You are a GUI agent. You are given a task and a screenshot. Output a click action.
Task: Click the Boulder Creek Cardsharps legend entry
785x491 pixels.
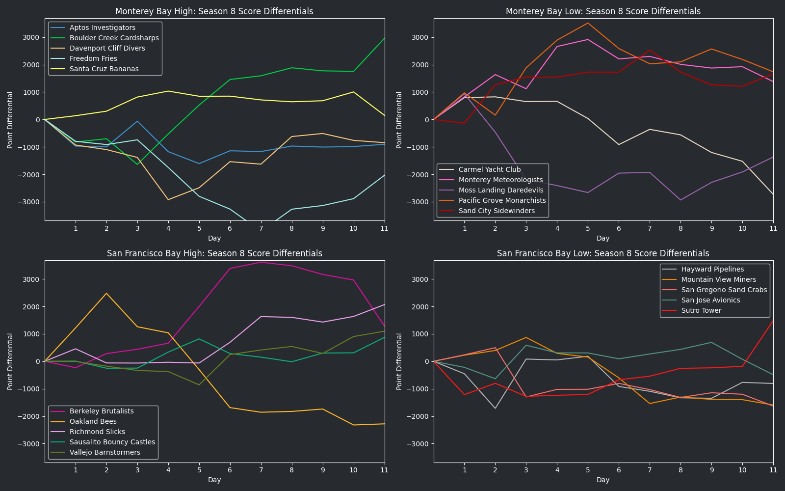[114, 38]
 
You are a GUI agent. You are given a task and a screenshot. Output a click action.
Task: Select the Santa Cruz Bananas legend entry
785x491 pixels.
[104, 69]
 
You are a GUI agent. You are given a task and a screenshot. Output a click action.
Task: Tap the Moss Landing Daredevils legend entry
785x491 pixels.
[501, 190]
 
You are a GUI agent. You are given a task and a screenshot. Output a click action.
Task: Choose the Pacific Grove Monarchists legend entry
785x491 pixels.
[502, 200]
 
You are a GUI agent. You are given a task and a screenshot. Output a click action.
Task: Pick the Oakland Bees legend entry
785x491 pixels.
[93, 421]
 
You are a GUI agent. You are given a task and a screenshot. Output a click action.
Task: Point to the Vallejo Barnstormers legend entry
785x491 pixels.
[105, 452]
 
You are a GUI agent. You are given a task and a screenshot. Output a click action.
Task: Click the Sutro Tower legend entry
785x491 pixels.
[701, 310]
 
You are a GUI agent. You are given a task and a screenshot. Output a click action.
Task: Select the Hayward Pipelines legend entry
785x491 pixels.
[712, 269]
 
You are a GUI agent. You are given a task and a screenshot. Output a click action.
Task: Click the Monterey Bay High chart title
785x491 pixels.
[214, 11]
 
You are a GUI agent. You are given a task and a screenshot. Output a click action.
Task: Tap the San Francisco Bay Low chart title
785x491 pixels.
[603, 253]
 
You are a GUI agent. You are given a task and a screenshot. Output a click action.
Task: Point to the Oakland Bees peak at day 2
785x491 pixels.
[106, 293]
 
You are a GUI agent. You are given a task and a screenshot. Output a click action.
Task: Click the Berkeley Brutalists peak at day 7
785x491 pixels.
[261, 262]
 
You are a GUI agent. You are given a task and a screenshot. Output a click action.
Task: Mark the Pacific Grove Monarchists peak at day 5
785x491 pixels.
[588, 23]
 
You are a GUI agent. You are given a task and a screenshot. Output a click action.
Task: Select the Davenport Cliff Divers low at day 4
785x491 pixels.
[168, 199]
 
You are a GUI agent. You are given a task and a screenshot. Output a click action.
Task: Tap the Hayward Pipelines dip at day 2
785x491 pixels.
[495, 408]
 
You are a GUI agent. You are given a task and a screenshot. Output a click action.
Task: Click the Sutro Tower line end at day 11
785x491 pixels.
[773, 321]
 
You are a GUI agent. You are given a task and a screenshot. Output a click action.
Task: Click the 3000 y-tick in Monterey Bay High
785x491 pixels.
[31, 37]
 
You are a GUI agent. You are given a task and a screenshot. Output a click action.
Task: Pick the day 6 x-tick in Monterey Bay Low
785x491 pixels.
[619, 228]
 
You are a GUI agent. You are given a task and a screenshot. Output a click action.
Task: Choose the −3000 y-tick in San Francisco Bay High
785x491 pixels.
[30, 444]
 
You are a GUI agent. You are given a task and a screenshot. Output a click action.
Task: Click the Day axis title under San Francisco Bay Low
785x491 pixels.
[603, 480]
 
